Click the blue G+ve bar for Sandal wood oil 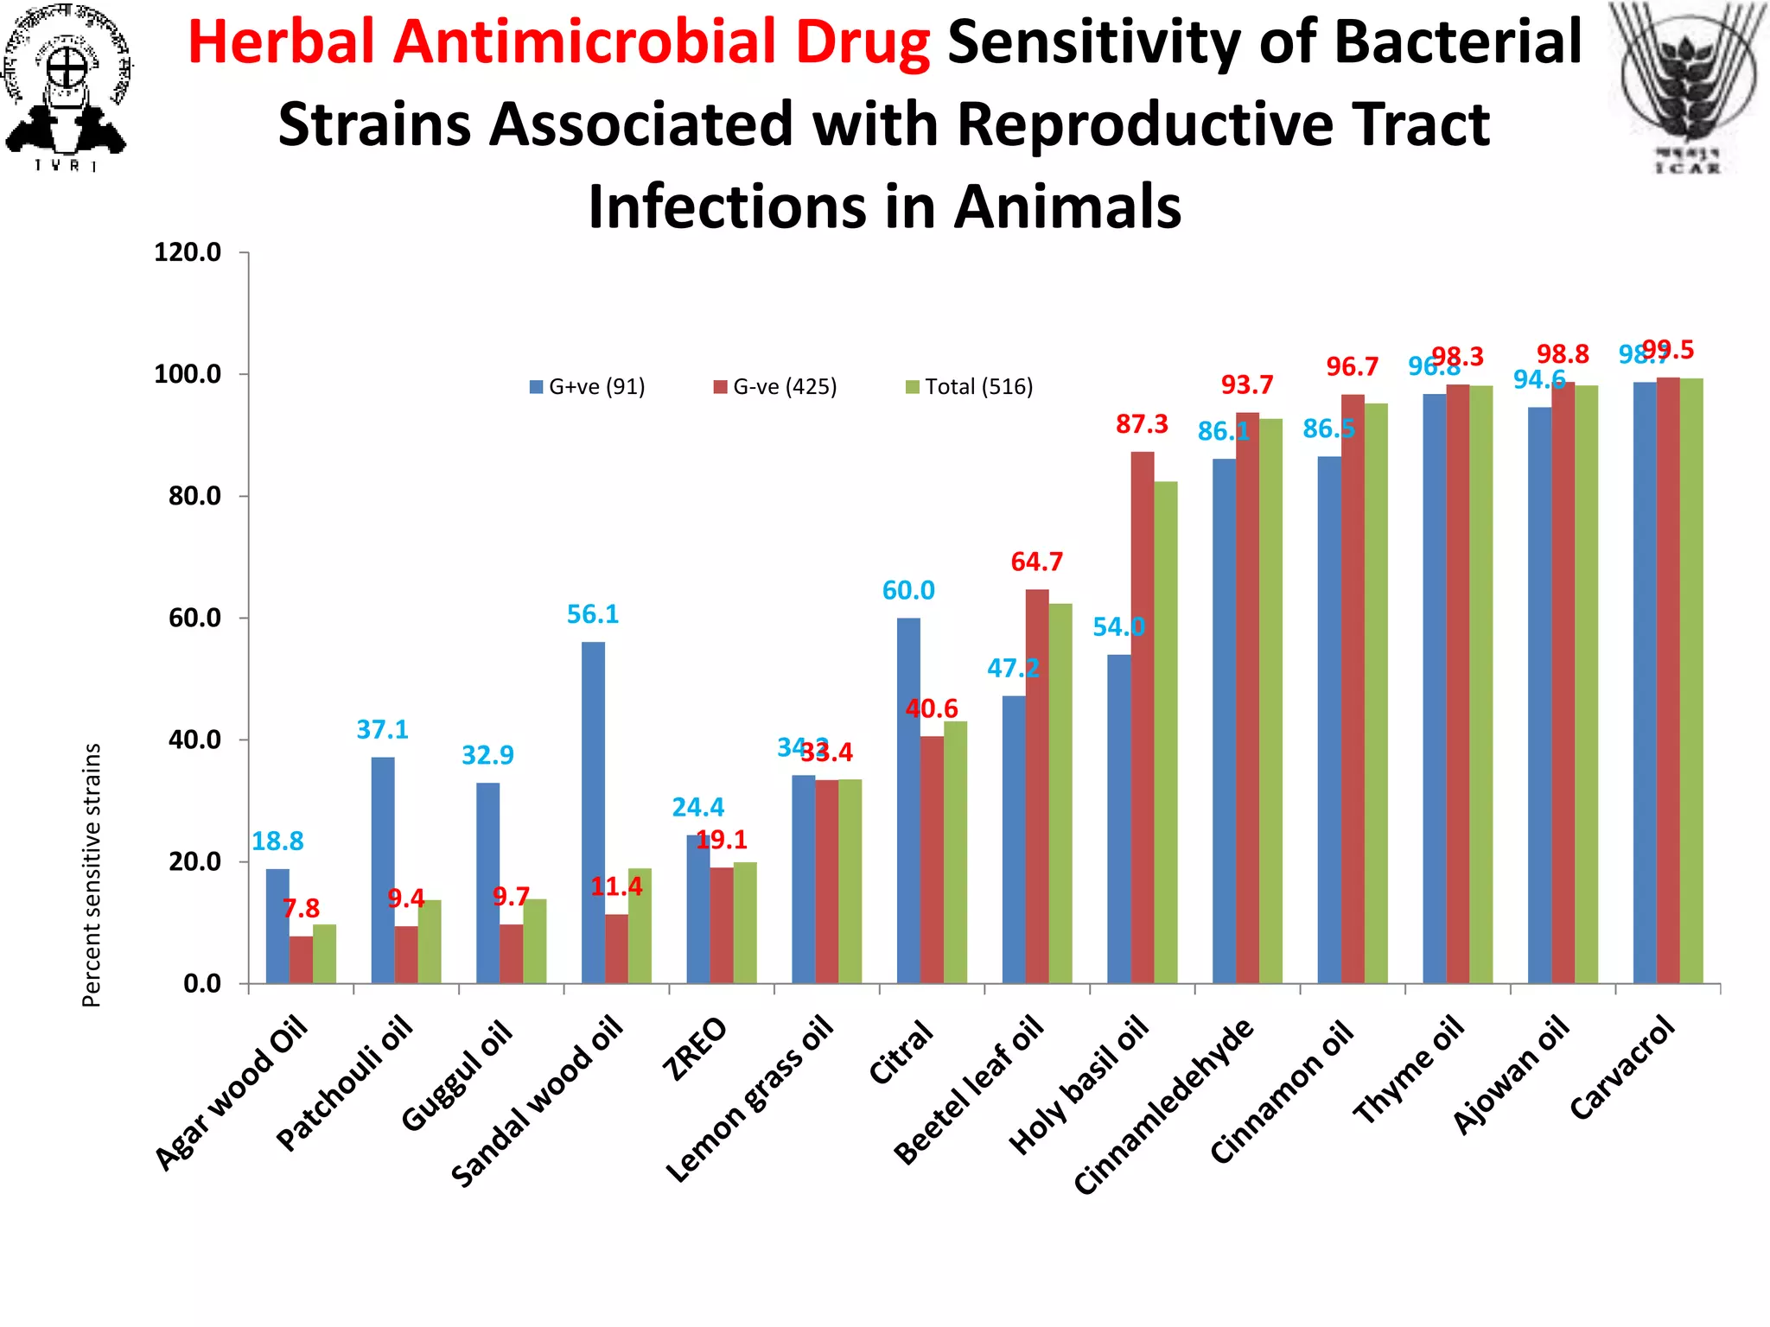(593, 812)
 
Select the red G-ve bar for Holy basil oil (1142, 717)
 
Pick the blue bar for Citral (908, 800)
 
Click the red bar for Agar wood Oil (301, 959)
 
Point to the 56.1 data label (593, 614)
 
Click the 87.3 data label (1142, 424)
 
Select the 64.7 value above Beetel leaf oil (1036, 562)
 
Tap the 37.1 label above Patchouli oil (382, 730)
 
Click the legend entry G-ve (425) (775, 386)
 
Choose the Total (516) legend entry (970, 386)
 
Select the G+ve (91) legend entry (588, 386)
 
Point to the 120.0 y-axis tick (188, 252)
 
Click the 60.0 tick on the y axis (194, 618)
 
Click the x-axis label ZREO (695, 1049)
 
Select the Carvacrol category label (1622, 1069)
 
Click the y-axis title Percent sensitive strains (92, 874)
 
